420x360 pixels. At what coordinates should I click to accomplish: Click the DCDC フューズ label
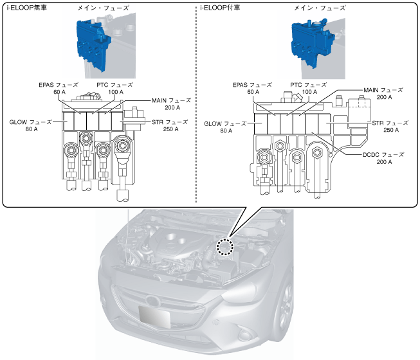383,155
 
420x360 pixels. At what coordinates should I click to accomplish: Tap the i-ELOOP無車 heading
27,8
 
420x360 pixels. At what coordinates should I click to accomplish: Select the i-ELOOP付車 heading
220,8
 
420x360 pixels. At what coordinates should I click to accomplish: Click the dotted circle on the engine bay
225,247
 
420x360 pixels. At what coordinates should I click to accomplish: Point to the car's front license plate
154,316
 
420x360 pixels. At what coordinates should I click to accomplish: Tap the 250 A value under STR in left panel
170,129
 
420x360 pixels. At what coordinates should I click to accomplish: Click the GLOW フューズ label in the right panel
225,123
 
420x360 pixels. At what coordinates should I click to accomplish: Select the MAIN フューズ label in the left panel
172,101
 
